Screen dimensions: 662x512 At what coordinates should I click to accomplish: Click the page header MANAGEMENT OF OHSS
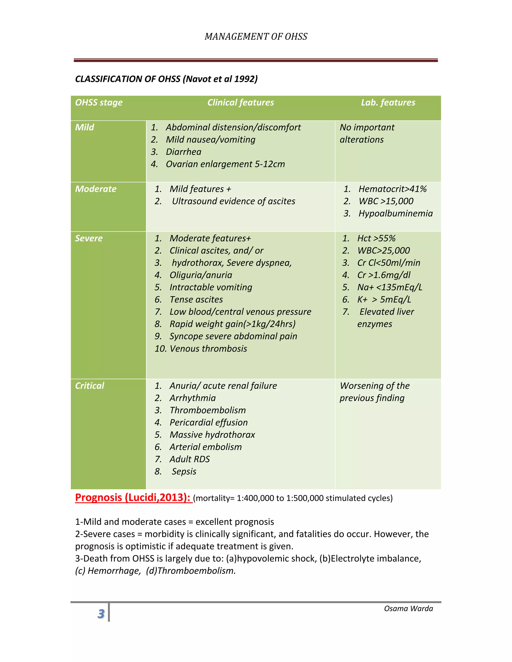256,37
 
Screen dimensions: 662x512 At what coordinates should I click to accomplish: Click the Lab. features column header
388,102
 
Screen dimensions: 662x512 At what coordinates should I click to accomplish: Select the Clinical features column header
240,102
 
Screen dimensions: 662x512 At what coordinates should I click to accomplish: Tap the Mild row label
85,127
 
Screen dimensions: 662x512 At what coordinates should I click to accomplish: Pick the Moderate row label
96,189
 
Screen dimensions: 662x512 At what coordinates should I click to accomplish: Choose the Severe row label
89,238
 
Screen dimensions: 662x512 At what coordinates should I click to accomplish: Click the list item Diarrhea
183,152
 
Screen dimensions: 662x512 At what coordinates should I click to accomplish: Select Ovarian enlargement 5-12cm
225,164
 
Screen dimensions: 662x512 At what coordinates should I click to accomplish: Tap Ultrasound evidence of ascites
233,201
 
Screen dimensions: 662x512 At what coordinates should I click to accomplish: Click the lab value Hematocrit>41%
392,189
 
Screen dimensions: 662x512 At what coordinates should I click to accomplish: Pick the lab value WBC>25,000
383,250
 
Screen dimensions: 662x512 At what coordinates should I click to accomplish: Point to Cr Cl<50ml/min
388,263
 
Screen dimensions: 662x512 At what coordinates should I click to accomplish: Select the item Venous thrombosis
208,348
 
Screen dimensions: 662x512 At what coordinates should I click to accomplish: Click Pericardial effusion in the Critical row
209,422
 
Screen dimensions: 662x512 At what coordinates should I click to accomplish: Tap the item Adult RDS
189,459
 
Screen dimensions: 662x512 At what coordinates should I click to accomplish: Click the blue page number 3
101,614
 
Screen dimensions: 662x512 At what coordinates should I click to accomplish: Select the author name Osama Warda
408,608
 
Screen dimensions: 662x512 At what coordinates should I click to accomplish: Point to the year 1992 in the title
245,79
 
